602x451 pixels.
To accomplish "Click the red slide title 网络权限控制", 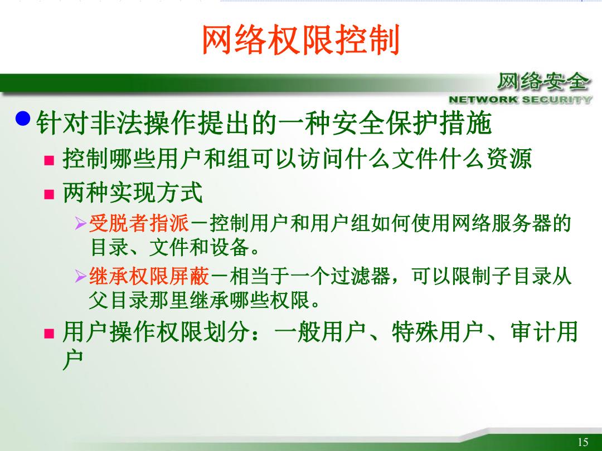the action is (x=301, y=40).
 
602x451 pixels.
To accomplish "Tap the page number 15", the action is (x=582, y=442).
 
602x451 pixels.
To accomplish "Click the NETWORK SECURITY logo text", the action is (x=520, y=100).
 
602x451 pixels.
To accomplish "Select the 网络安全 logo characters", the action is (x=543, y=82).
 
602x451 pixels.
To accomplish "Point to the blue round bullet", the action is (x=23, y=118).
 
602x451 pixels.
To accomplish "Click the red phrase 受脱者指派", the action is (x=139, y=224).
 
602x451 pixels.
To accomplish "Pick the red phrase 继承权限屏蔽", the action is (x=149, y=276).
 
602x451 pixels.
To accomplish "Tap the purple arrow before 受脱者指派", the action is (x=81, y=224).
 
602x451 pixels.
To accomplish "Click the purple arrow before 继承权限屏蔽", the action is (x=81, y=276).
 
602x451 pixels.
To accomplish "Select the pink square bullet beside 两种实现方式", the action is (x=49, y=194).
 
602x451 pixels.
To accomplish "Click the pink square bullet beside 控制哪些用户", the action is (x=49, y=160).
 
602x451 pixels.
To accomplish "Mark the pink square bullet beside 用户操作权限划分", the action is (x=49, y=334).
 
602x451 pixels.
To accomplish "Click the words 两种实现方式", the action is (x=133, y=193).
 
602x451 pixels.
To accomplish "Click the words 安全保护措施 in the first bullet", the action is (x=411, y=123).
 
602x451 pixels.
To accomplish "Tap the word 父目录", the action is (x=119, y=300).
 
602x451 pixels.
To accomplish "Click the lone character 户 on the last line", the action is (x=73, y=360).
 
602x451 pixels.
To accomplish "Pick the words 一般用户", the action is (x=319, y=332).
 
